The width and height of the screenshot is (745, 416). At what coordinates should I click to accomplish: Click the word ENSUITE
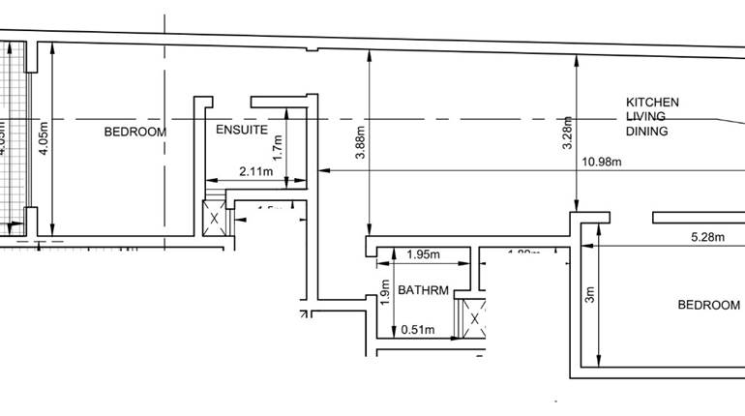pyautogui.click(x=241, y=130)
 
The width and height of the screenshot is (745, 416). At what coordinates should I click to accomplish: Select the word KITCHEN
pyautogui.click(x=652, y=103)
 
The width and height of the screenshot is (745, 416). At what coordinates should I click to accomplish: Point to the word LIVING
pyautogui.click(x=645, y=117)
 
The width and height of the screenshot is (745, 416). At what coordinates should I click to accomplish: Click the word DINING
pyautogui.click(x=647, y=132)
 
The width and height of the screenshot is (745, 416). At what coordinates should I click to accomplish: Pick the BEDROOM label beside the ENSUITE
pyautogui.click(x=135, y=131)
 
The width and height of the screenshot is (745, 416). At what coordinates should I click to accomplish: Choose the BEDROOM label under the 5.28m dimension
pyautogui.click(x=708, y=305)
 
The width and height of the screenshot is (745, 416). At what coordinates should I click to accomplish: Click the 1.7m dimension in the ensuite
pyautogui.click(x=277, y=146)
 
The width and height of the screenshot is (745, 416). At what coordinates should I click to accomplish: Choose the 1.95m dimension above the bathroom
pyautogui.click(x=422, y=255)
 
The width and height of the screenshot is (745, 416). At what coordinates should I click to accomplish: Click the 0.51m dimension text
pyautogui.click(x=417, y=329)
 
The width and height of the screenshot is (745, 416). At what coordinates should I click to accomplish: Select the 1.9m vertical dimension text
pyautogui.click(x=386, y=293)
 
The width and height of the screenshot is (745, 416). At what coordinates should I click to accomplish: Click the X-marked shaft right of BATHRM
pyautogui.click(x=474, y=318)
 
